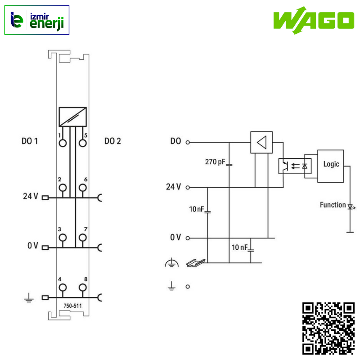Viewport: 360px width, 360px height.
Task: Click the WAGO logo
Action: coord(313,20)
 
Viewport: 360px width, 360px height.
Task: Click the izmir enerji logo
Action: coord(37,20)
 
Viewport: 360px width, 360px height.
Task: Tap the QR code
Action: coord(328,328)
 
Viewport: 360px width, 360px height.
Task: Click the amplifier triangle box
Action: coord(261,143)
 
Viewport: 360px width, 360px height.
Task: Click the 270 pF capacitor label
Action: coord(215,162)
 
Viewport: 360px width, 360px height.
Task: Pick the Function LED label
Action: coord(333,205)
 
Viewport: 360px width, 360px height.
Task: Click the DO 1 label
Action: coord(30,141)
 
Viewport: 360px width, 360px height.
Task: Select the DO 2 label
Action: coord(112,141)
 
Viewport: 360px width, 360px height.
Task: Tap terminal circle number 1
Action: coord(63,143)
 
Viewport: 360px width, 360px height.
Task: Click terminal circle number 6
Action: coord(82,188)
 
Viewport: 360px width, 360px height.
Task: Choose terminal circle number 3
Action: coord(63,238)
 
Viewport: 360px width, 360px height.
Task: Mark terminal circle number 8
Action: coord(82,288)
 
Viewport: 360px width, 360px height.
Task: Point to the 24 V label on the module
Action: coord(31,197)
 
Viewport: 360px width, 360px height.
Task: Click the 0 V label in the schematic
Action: coord(175,238)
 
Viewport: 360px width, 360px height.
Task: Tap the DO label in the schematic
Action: coord(175,141)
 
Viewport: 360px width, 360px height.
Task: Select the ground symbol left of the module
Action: coord(28,298)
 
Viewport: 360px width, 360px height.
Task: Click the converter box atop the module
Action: coord(72,117)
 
